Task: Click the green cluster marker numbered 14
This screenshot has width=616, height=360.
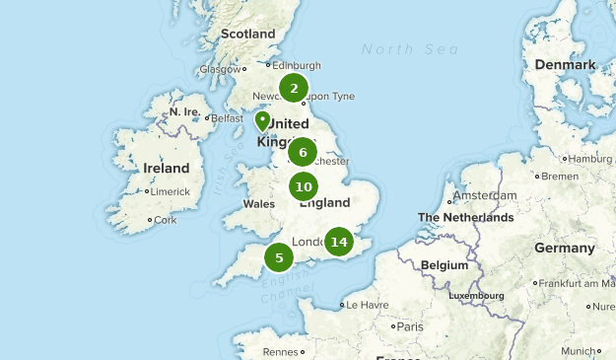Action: pos(339,242)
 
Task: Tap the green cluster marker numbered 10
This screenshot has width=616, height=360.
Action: pos(304,186)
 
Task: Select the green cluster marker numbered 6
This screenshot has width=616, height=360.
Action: pos(303,153)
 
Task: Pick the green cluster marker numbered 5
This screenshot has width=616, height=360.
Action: pos(279,258)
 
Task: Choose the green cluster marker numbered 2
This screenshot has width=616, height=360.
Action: pos(294,89)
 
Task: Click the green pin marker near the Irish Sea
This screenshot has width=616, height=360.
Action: pos(262,121)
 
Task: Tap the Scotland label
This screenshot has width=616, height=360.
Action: pos(248,34)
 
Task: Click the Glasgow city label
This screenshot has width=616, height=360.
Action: pos(219,70)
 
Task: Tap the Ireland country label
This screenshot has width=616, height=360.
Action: pos(166,169)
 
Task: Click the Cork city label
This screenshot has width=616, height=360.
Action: pos(166,220)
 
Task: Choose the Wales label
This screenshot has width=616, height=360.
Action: pos(258,204)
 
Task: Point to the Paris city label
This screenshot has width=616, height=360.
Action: pos(409,326)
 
